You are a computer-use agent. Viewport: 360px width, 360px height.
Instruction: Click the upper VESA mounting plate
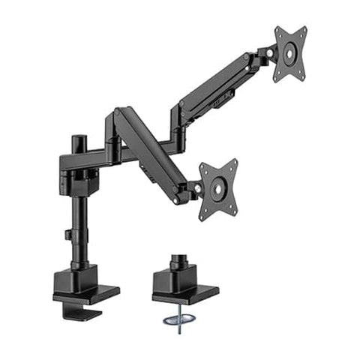[x=290, y=54]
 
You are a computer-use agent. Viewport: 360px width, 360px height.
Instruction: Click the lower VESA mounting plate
[x=218, y=189]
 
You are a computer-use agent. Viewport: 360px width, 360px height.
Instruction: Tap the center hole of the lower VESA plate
[x=218, y=189]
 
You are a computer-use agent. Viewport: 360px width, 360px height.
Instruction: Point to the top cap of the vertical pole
[x=76, y=139]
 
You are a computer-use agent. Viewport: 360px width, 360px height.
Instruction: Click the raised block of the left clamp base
[x=76, y=277]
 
